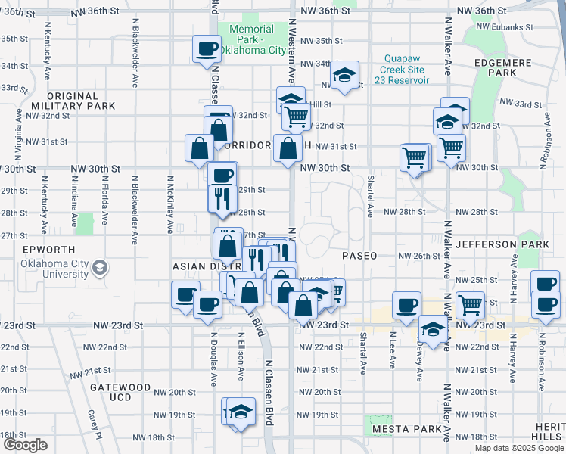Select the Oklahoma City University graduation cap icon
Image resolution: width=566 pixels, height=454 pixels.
point(99,268)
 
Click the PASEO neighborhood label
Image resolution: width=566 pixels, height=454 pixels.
point(359,256)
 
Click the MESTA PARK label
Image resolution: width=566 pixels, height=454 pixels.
point(406,429)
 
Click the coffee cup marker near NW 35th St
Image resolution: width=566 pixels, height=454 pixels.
point(207,50)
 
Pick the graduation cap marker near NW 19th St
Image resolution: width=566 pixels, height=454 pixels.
point(241,412)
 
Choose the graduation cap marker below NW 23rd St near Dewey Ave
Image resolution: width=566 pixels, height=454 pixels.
point(433,330)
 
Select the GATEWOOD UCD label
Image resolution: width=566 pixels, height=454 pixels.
point(120,392)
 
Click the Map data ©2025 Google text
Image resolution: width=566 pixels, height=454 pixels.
point(518,448)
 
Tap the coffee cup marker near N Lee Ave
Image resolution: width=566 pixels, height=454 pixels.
point(407,305)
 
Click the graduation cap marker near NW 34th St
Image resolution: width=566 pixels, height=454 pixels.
point(345,75)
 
